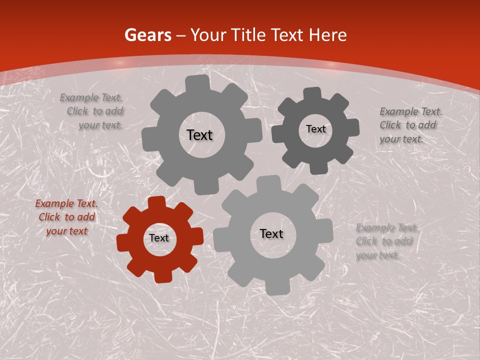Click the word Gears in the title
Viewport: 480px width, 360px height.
pyautogui.click(x=147, y=35)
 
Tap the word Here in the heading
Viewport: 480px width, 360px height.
pyautogui.click(x=328, y=35)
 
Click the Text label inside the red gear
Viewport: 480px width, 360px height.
pyautogui.click(x=159, y=238)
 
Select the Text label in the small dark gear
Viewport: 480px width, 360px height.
pyautogui.click(x=315, y=129)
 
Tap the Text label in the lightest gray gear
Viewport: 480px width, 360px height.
pyautogui.click(x=271, y=234)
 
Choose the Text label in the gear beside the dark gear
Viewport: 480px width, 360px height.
pyautogui.click(x=199, y=135)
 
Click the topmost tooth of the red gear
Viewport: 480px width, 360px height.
pyautogui.click(x=157, y=202)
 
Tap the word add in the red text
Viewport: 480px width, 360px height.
pyautogui.click(x=86, y=217)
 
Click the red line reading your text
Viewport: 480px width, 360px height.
pyautogui.click(x=66, y=231)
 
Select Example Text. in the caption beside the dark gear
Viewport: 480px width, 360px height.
pyautogui.click(x=411, y=111)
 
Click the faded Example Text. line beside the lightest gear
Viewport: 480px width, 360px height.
pyautogui.click(x=387, y=228)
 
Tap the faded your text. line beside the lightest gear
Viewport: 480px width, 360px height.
pyautogui.click(x=377, y=255)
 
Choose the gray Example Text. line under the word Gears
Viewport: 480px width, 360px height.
pyautogui.click(x=91, y=98)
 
